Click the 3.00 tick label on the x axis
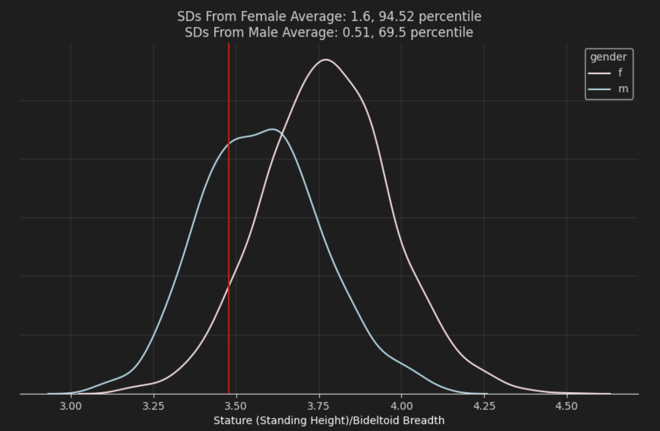coord(71,406)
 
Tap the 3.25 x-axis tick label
coord(154,406)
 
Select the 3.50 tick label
coord(236,406)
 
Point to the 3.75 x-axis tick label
coord(319,406)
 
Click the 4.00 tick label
coord(402,406)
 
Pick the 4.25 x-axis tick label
coord(484,406)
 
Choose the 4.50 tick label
coord(567,406)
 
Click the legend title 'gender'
coord(608,57)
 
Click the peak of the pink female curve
coord(326,60)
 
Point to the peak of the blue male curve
coord(273,129)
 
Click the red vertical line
coord(229,201)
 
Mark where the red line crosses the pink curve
coord(229,286)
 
